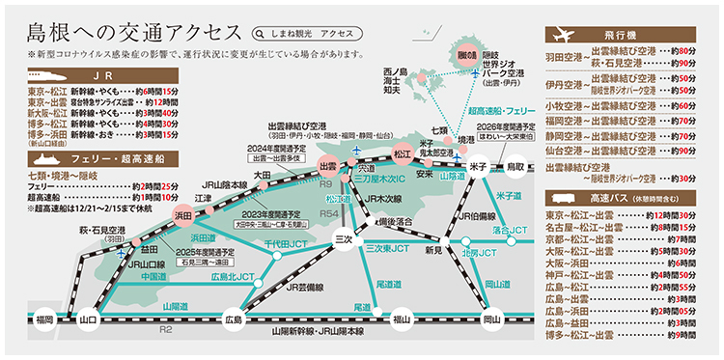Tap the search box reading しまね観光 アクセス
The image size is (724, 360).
[303, 32]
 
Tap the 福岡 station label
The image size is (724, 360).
[42, 318]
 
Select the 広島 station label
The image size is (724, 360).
[233, 318]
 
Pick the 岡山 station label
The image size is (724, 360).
[491, 318]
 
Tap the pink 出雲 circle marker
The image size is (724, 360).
[329, 167]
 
